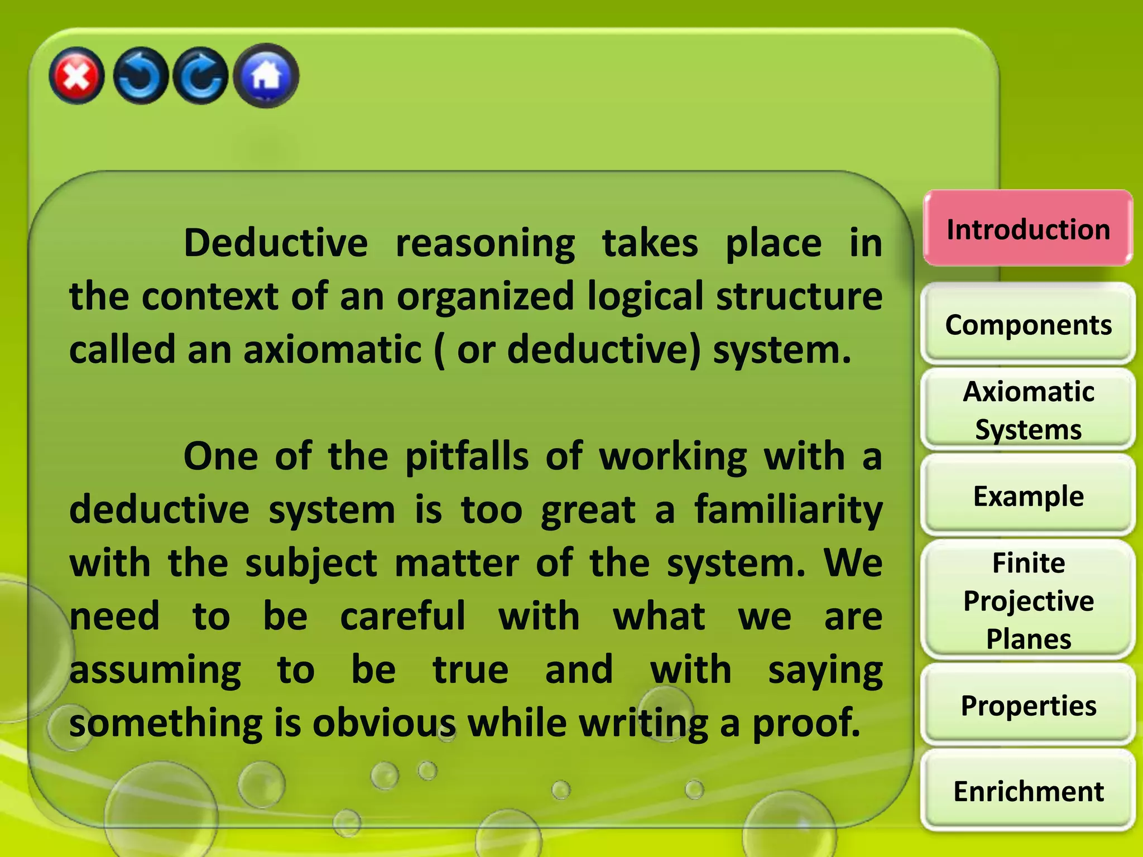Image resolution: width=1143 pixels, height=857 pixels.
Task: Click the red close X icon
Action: click(76, 76)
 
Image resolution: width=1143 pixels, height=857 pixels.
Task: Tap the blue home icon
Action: click(266, 76)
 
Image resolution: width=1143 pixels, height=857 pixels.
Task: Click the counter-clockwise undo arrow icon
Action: click(140, 76)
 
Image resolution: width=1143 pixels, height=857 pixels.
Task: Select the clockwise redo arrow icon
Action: click(201, 76)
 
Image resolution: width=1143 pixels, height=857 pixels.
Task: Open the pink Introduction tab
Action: click(1028, 229)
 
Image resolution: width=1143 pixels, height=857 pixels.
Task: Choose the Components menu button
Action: click(1028, 325)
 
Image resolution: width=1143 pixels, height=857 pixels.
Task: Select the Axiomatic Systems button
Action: click(1028, 410)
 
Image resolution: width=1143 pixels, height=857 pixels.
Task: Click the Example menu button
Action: click(1028, 496)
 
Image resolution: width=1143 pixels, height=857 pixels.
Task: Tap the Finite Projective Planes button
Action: click(1028, 600)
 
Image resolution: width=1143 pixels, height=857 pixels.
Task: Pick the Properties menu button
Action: click(1028, 706)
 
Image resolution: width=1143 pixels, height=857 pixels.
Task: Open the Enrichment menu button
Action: click(1028, 791)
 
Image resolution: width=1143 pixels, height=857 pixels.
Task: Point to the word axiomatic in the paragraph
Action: click(333, 350)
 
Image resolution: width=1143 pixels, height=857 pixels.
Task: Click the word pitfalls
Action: click(467, 456)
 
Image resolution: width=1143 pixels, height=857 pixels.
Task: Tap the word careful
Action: click(402, 616)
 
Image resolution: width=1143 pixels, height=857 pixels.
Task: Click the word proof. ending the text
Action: click(806, 723)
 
